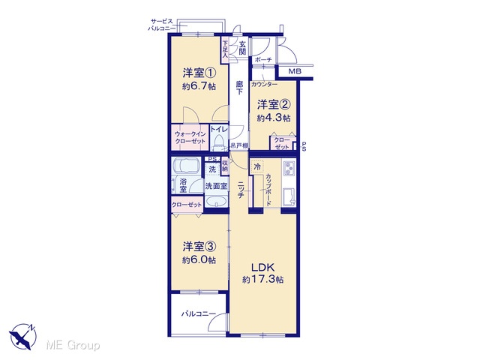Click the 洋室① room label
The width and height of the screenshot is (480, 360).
[199, 73]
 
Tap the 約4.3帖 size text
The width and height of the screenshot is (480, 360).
[274, 118]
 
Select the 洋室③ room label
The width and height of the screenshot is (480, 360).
[199, 246]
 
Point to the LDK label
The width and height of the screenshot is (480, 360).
[263, 267]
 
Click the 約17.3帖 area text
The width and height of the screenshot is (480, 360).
[263, 280]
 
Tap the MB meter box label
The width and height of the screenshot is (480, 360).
[295, 72]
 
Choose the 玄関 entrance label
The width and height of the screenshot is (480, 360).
[242, 48]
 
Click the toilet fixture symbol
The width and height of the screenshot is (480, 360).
[218, 142]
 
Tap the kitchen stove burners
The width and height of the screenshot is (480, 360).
[289, 167]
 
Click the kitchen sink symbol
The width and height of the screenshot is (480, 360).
[289, 197]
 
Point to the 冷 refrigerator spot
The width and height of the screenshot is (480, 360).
[257, 167]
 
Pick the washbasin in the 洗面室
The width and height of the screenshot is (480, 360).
[217, 202]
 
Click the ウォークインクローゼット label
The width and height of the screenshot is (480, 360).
[190, 137]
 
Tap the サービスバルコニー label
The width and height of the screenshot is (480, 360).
[162, 25]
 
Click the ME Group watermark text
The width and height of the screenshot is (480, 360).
[73, 345]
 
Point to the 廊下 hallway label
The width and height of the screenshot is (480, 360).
[239, 88]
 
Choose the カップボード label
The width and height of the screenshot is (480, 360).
[268, 190]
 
